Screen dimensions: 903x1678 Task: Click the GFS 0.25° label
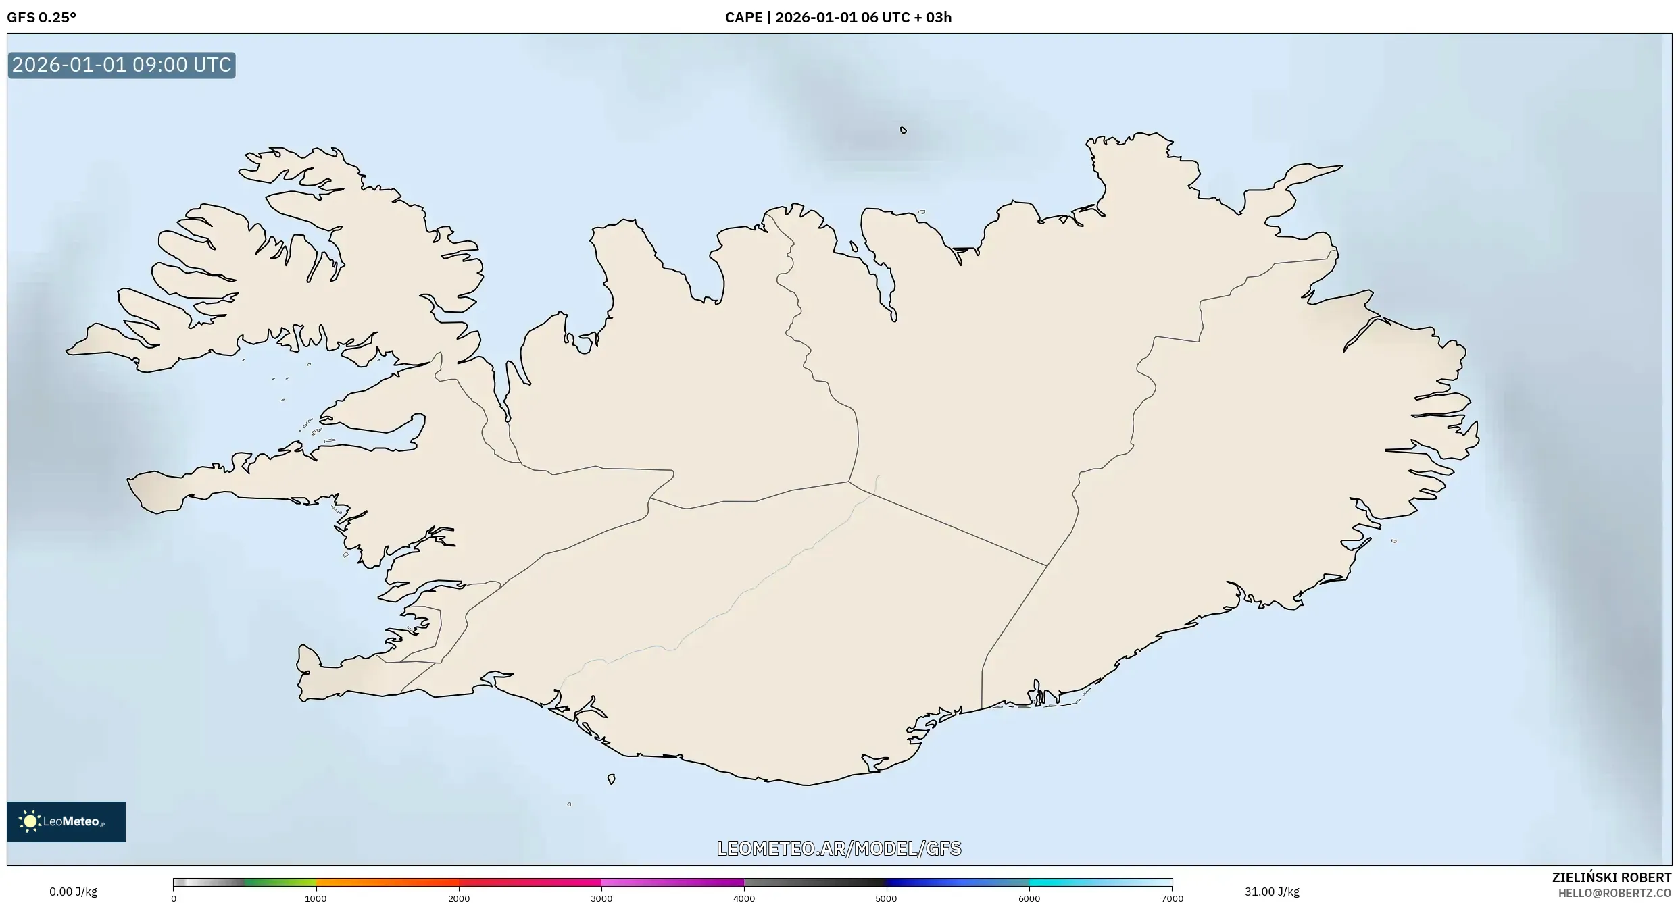pyautogui.click(x=41, y=18)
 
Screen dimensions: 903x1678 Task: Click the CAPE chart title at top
pyautogui.click(x=838, y=18)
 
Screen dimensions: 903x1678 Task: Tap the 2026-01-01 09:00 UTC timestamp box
pyautogui.click(x=122, y=66)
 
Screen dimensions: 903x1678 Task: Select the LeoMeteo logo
pyautogui.click(x=66, y=821)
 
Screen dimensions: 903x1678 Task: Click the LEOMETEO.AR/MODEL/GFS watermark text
pyautogui.click(x=839, y=848)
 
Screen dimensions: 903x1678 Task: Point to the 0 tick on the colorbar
pyautogui.click(x=174, y=898)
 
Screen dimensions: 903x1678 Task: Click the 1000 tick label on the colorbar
pyautogui.click(x=316, y=898)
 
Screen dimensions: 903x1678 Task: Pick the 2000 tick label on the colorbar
pyautogui.click(x=459, y=898)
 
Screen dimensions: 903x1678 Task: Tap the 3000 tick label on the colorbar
pyautogui.click(x=601, y=898)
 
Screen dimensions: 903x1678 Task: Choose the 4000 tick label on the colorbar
pyautogui.click(x=744, y=898)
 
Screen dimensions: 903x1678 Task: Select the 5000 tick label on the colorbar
pyautogui.click(x=886, y=898)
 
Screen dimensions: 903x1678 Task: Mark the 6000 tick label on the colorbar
pyautogui.click(x=1029, y=898)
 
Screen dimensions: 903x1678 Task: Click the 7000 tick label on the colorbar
pyautogui.click(x=1172, y=898)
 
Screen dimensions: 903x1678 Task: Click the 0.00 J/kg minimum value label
pyautogui.click(x=73, y=892)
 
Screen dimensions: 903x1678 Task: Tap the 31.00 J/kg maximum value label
pyautogui.click(x=1272, y=892)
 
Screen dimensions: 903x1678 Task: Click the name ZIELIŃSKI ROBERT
pyautogui.click(x=1611, y=877)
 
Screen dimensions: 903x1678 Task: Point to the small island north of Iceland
pyautogui.click(x=904, y=130)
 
